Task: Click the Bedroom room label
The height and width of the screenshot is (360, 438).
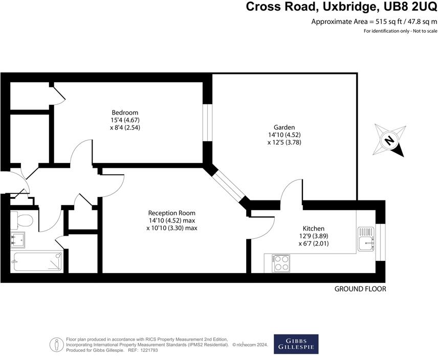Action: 125,112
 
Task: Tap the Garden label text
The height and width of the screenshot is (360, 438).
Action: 284,127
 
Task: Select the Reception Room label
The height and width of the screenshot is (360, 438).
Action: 171,213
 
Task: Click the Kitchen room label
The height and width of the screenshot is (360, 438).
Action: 313,228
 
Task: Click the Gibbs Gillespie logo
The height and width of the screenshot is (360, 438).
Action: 296,344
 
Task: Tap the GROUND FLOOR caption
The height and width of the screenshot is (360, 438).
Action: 360,289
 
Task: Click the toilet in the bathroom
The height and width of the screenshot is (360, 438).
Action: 22,220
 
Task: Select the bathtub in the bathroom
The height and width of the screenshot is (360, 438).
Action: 37,261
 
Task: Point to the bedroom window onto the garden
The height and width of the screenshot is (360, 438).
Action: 207,123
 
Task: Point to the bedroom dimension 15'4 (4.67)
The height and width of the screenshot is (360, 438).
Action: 125,120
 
